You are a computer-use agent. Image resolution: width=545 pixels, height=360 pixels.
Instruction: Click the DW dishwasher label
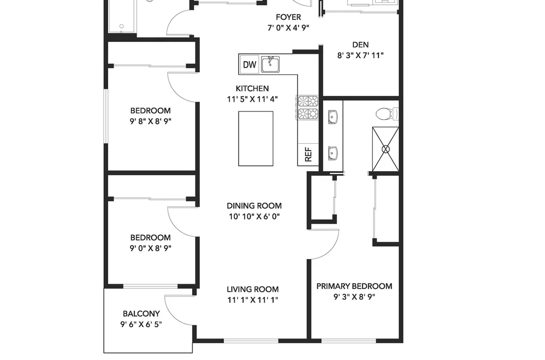249,65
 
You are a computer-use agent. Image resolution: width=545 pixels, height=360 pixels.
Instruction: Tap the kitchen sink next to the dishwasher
271,64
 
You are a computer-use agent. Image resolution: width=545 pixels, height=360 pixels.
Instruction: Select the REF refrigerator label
308,154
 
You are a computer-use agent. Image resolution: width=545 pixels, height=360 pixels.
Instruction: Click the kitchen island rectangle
256,139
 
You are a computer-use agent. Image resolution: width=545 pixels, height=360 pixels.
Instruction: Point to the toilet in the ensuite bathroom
386,114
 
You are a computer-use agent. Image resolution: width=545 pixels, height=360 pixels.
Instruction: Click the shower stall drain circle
385,150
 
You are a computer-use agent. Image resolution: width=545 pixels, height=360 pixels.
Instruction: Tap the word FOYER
288,17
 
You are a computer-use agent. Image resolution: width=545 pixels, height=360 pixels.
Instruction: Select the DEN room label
360,45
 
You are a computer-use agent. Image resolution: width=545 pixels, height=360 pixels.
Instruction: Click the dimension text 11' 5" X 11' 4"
252,99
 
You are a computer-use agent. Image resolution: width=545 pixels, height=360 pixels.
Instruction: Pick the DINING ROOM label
254,206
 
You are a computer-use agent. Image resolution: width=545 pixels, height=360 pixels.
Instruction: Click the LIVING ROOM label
253,289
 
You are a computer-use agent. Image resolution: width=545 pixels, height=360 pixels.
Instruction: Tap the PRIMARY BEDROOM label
354,286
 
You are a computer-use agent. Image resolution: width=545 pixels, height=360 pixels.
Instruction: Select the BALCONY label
141,313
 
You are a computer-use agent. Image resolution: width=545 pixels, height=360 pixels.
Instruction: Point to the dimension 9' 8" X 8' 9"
151,121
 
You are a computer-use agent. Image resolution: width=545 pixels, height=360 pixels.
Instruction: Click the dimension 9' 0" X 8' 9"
151,248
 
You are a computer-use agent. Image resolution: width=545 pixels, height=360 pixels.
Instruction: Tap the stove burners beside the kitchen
308,108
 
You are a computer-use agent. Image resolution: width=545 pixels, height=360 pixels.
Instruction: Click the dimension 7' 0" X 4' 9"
288,28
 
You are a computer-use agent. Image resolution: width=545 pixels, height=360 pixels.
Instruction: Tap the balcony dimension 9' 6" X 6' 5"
141,324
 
